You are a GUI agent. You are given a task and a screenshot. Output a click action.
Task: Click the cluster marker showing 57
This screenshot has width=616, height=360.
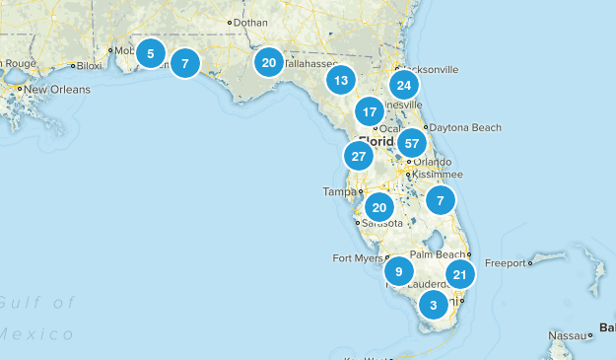[x=412, y=143]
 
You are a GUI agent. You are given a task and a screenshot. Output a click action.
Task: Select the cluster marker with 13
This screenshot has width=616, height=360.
[x=341, y=81]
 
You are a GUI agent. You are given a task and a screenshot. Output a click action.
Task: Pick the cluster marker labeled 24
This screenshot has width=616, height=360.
[x=403, y=84]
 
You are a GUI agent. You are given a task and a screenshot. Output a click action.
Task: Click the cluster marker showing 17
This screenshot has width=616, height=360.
[x=370, y=110]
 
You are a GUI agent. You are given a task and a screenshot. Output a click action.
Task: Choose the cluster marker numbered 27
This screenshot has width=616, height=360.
[x=359, y=156]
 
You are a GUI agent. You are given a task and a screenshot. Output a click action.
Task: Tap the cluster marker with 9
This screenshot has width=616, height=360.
[x=398, y=271]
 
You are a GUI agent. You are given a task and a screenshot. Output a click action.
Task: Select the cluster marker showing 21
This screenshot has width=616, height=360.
[x=460, y=274]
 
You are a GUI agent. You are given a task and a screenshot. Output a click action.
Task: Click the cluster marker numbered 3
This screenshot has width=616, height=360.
[x=433, y=305]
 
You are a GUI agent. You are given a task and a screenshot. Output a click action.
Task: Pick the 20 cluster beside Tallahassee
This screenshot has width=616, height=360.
[x=268, y=62]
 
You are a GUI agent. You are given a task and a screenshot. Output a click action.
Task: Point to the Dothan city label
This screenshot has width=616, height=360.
[x=250, y=22]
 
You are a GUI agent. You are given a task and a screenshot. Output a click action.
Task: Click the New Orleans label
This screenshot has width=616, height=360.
[x=56, y=90]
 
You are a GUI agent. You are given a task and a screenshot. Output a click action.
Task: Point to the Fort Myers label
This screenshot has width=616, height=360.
[x=355, y=259]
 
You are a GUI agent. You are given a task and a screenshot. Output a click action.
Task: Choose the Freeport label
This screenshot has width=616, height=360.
[x=557, y=263]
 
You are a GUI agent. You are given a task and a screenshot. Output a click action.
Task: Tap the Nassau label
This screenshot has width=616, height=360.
[x=567, y=335]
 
